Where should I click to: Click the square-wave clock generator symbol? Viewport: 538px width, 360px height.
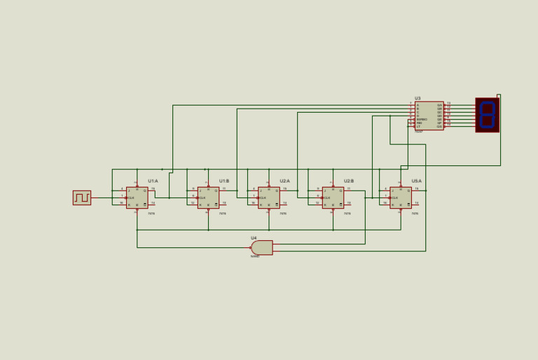82,198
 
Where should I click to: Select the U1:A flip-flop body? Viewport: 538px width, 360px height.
137,198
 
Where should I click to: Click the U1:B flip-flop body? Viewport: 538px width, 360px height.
208,198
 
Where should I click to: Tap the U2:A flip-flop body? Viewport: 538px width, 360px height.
268,198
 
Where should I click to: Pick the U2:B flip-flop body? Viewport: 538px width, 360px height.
333,198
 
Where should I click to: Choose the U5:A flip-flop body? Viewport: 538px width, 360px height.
401,198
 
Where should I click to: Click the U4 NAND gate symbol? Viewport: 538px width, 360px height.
262,247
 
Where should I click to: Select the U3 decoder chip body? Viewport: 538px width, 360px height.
429,116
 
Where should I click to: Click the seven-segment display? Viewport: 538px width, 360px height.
487,115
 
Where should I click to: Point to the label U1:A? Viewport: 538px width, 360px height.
153,181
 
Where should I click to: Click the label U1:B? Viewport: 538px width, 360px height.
224,181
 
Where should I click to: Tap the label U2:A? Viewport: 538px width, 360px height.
284,181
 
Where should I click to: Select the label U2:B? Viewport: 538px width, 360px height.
349,181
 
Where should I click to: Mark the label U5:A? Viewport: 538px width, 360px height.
417,181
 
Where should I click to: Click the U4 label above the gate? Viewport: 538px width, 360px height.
254,238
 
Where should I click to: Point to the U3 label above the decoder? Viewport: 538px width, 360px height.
418,99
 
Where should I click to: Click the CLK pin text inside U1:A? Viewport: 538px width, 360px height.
131,198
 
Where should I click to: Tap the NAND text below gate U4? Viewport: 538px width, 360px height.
255,256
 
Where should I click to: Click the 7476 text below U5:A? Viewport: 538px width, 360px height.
415,213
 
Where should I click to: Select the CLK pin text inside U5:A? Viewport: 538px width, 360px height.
395,198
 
